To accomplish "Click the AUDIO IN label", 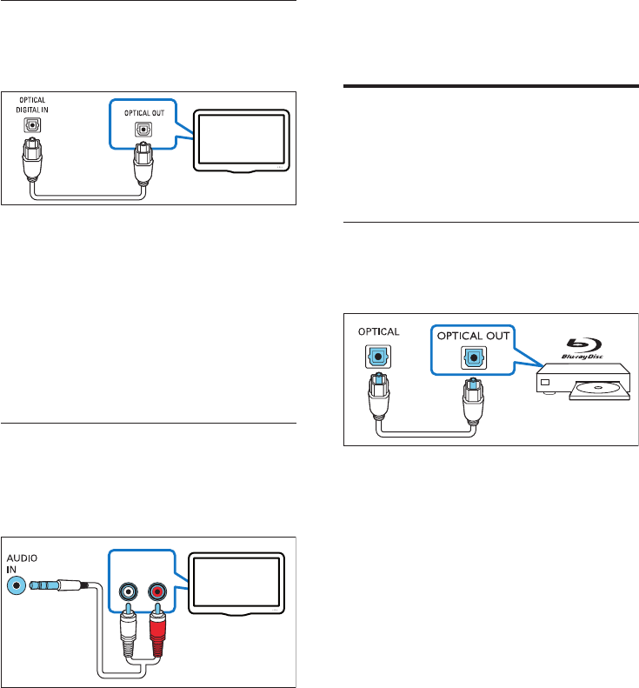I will tap(23, 563).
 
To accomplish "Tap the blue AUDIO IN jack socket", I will tap(17, 585).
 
